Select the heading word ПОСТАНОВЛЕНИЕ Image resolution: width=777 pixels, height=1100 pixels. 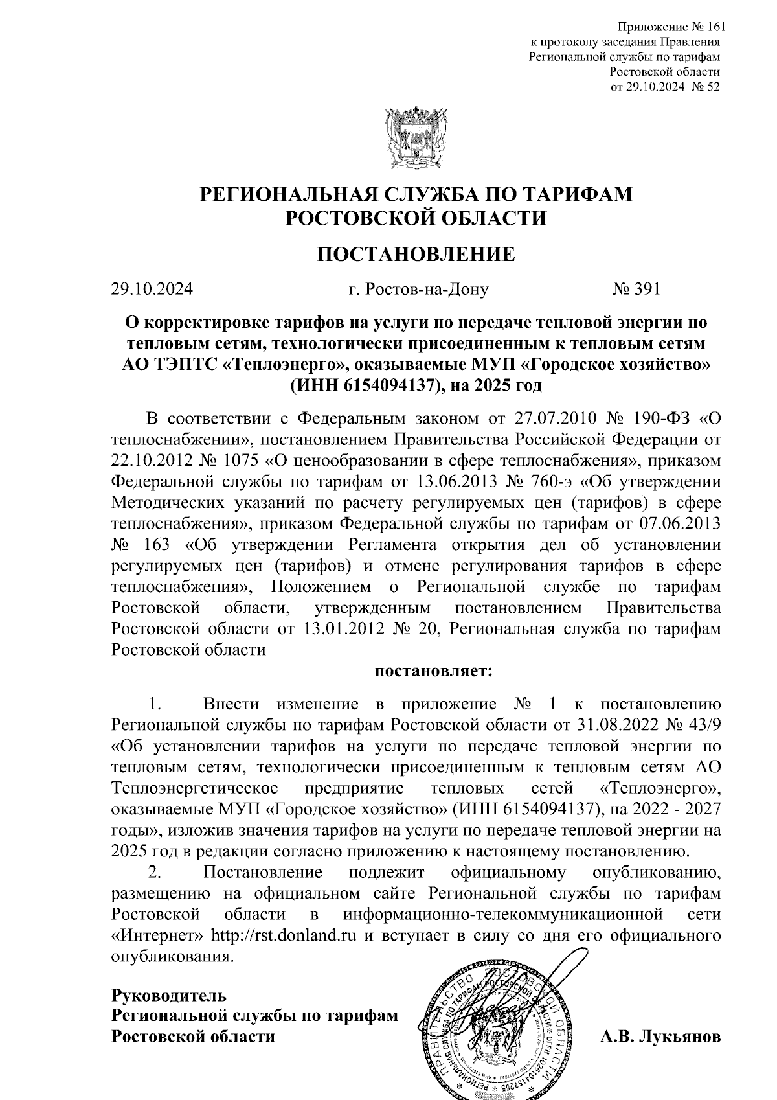click(x=416, y=254)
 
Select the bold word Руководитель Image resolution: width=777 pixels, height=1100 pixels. click(x=169, y=994)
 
